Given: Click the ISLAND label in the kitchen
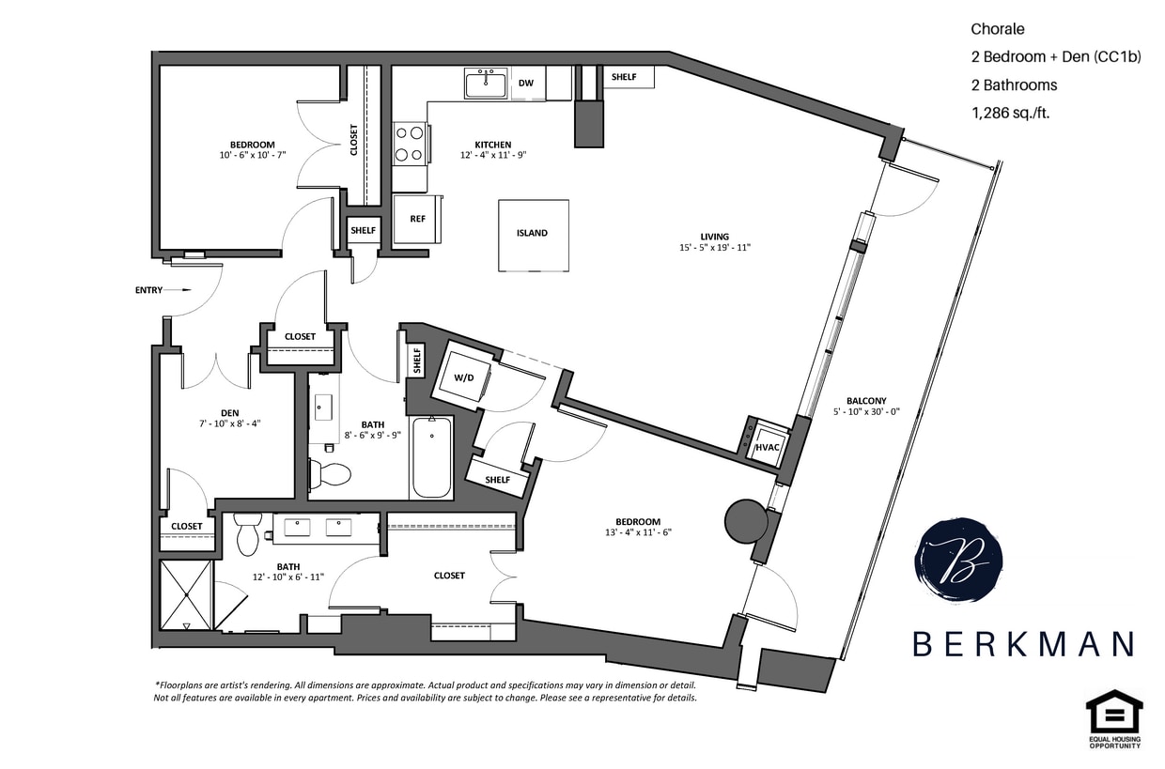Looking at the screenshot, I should pyautogui.click(x=532, y=234).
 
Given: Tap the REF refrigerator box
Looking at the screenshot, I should pyautogui.click(x=417, y=219).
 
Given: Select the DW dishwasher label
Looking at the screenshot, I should pyautogui.click(x=526, y=84).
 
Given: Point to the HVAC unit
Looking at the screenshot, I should pyautogui.click(x=768, y=447).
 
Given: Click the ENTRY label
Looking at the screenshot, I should pyautogui.click(x=149, y=290).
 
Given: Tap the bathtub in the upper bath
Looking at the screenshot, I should pyautogui.click(x=431, y=458).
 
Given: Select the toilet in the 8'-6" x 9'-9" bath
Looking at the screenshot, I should pyautogui.click(x=329, y=473).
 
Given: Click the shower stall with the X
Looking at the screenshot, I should pyautogui.click(x=186, y=594).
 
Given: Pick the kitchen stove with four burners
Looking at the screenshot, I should pyautogui.click(x=409, y=144).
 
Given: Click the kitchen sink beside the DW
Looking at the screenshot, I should pyautogui.click(x=486, y=83).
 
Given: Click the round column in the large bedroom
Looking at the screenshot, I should pyautogui.click(x=745, y=520).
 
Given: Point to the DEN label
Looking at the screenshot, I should pyautogui.click(x=229, y=411).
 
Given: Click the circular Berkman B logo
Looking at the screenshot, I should pyautogui.click(x=957, y=561).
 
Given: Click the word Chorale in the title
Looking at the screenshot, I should pyautogui.click(x=998, y=29).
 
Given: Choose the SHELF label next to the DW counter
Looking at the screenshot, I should pyautogui.click(x=624, y=77).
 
